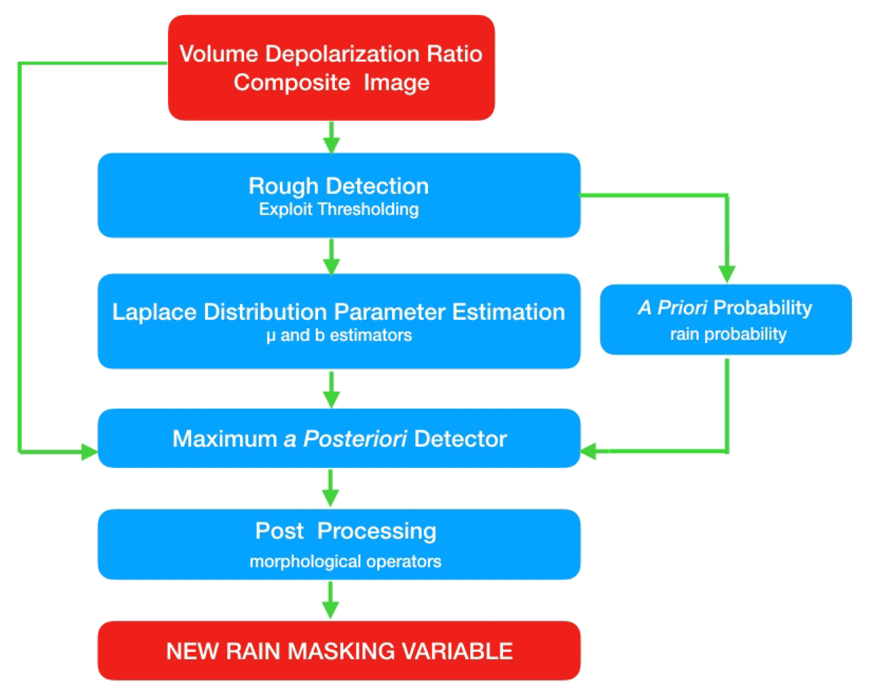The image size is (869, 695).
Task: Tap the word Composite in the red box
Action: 292,83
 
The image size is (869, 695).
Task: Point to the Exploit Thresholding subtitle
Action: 338,209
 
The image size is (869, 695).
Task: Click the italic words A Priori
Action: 672,308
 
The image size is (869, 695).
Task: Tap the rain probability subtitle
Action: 728,334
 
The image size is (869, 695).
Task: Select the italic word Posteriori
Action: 355,439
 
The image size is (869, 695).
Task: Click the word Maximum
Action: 225,439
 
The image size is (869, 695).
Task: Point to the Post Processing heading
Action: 345,531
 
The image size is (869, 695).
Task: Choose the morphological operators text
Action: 345,561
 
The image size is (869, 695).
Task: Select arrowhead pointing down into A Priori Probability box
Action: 727,274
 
